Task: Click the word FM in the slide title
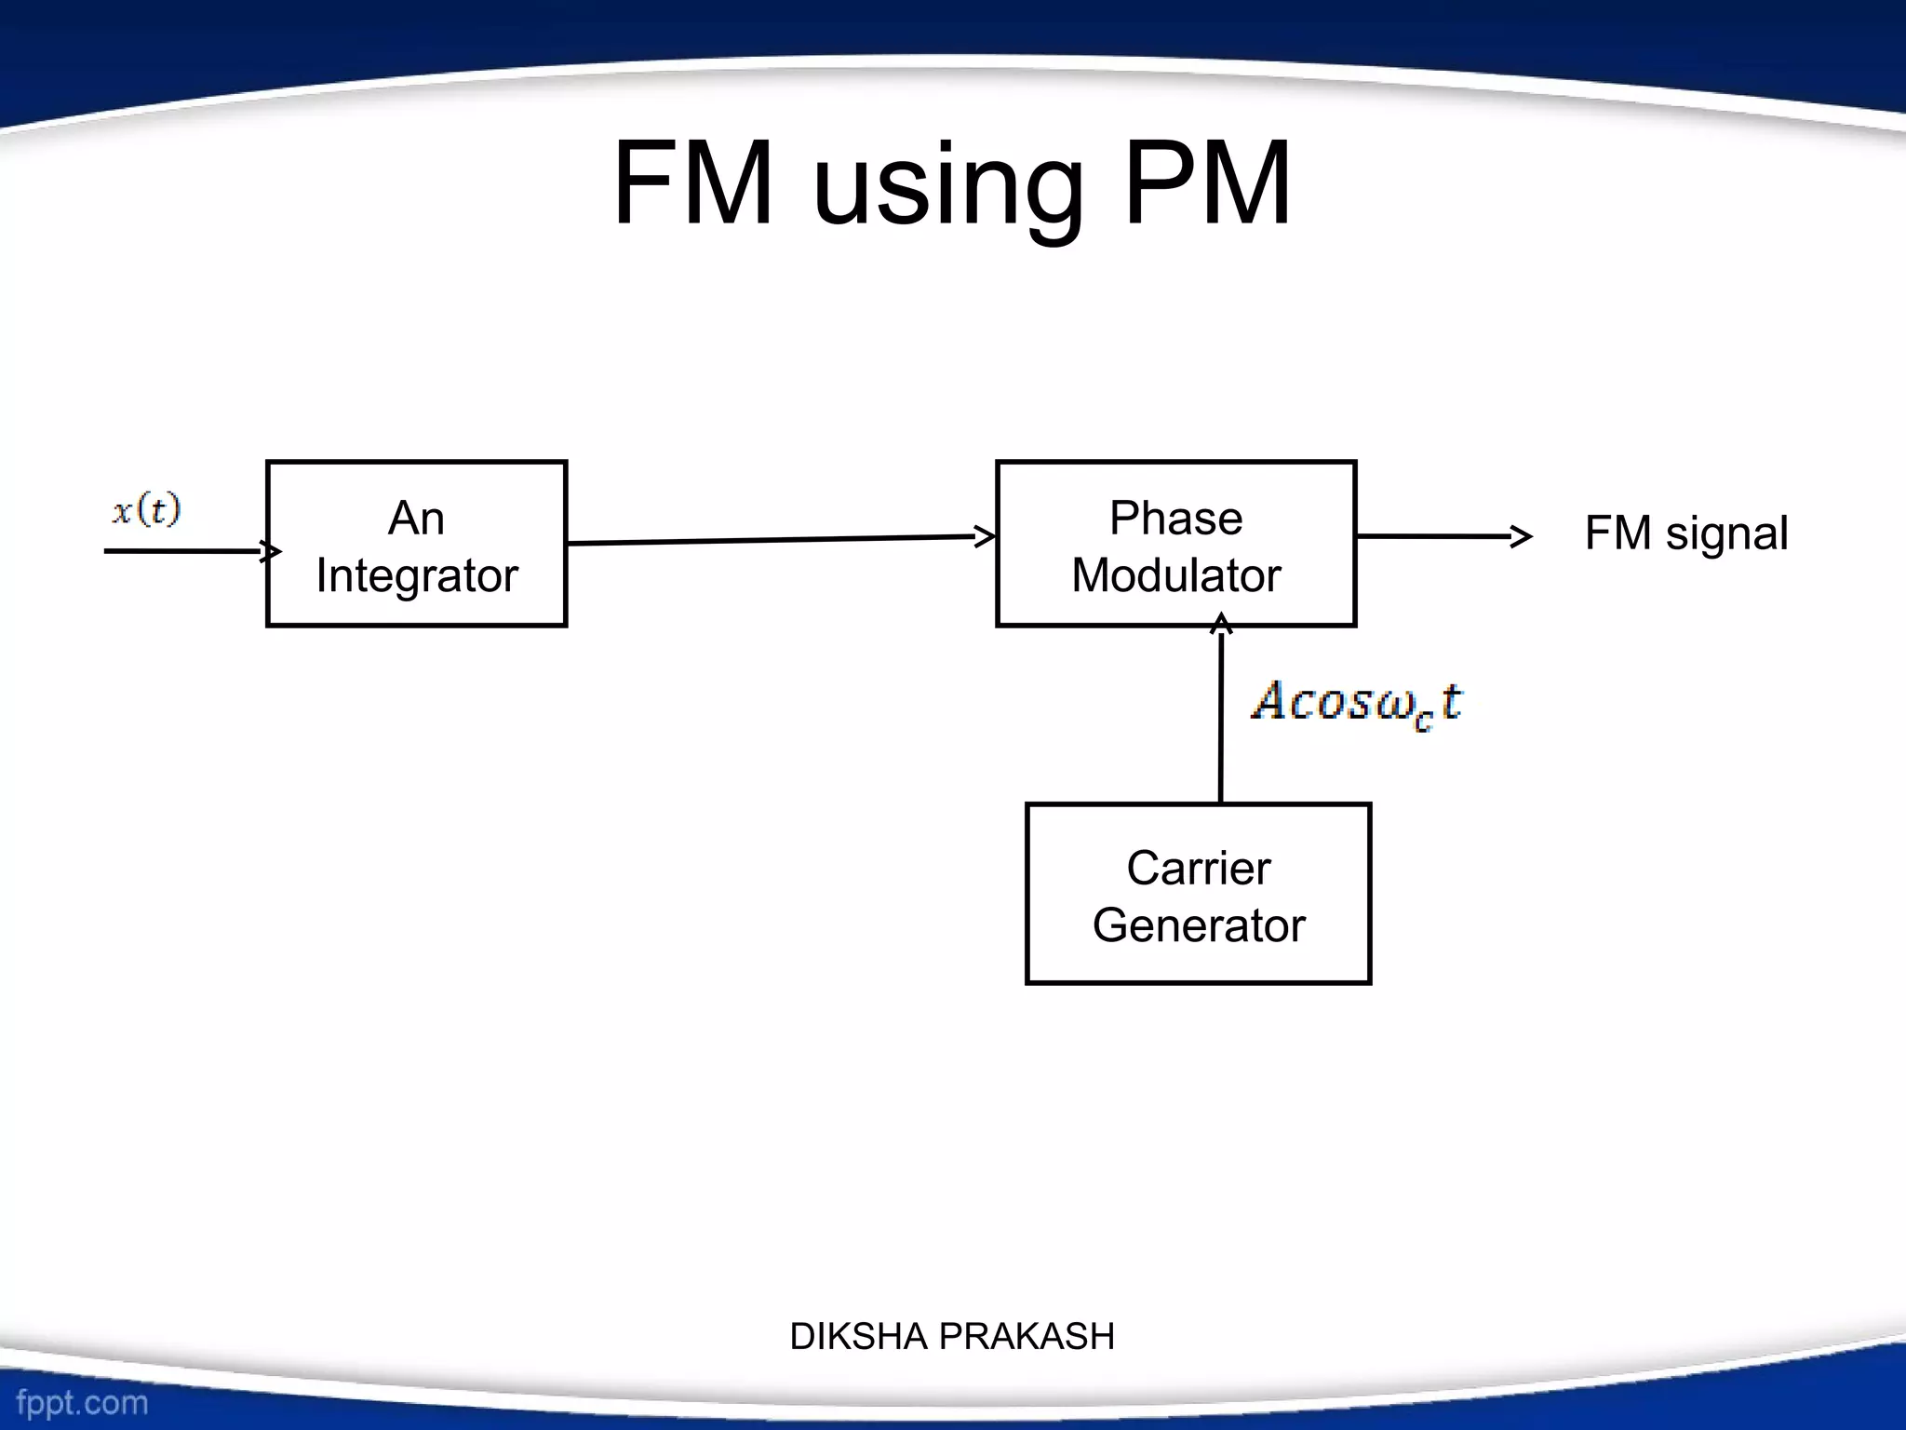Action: click(x=693, y=183)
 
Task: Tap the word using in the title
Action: click(x=949, y=186)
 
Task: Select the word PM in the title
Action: click(x=1207, y=183)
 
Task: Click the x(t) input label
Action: click(x=146, y=511)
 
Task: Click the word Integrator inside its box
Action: click(x=416, y=575)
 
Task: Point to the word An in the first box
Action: click(x=416, y=518)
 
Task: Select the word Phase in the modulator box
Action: click(x=1175, y=518)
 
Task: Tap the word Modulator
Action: click(x=1175, y=575)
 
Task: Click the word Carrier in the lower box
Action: click(x=1198, y=868)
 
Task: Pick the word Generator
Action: click(x=1198, y=925)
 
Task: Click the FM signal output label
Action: click(x=1685, y=533)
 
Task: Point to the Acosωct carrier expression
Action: click(x=1356, y=703)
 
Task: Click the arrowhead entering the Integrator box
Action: click(x=271, y=551)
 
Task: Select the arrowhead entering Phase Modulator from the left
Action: click(x=986, y=536)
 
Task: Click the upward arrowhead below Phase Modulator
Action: click(x=1221, y=623)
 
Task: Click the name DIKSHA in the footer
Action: click(x=859, y=1337)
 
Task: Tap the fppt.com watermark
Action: click(x=82, y=1402)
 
